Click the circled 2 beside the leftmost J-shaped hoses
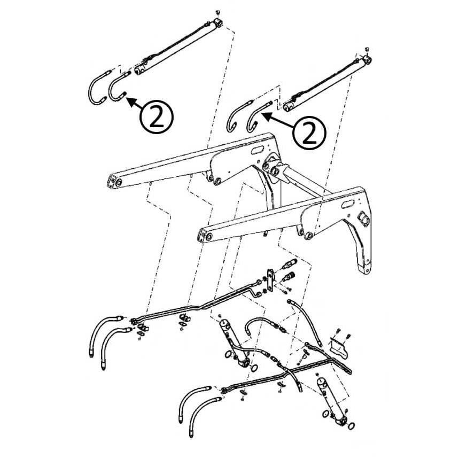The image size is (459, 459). [x=157, y=117]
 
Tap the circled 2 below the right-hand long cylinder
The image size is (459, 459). [x=309, y=133]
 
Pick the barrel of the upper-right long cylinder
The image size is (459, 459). [x=326, y=85]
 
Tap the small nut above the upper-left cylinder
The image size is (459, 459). [x=217, y=13]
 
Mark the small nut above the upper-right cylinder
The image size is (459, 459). [x=367, y=49]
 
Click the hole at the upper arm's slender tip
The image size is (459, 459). [x=118, y=182]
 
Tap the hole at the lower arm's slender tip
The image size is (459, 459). [x=208, y=236]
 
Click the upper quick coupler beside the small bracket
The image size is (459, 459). [x=289, y=264]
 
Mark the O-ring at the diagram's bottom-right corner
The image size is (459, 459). [x=351, y=426]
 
